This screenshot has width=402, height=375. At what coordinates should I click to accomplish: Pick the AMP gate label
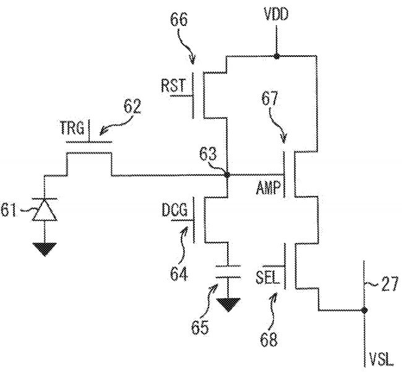tap(269, 187)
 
